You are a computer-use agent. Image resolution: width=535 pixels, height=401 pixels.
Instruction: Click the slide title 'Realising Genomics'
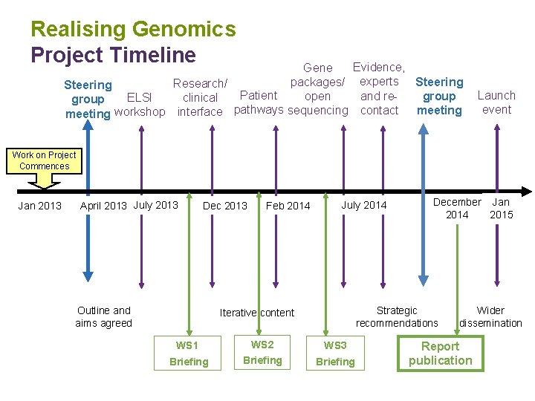[x=133, y=30]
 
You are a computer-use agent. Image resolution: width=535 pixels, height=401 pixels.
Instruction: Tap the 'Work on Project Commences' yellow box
[x=44, y=160]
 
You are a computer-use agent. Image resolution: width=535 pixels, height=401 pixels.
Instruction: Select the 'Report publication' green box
[x=440, y=353]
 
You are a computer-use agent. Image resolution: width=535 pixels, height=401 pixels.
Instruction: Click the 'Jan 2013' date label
[x=39, y=206]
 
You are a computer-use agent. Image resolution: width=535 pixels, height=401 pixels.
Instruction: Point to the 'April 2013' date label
[x=103, y=206]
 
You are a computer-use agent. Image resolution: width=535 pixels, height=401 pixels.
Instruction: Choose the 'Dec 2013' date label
[x=225, y=206]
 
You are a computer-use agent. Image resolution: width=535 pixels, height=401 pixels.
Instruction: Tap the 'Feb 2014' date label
[x=288, y=206]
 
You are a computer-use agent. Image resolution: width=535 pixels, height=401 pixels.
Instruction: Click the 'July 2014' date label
[x=364, y=205]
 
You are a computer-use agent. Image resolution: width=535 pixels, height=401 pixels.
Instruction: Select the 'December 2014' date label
[x=457, y=208]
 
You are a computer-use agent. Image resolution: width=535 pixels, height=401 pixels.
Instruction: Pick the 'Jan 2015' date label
[x=501, y=208]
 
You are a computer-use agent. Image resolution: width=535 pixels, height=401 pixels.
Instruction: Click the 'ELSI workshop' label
[x=140, y=104]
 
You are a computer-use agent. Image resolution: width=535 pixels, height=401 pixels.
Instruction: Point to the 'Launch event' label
[x=496, y=102]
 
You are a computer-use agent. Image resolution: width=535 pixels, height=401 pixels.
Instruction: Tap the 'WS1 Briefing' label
[x=188, y=353]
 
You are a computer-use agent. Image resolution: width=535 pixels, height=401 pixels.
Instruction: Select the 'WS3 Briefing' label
[x=335, y=353]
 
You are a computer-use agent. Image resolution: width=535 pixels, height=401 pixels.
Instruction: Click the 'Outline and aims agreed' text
[x=103, y=316]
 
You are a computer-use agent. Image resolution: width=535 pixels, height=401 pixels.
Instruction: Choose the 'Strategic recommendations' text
[x=397, y=316]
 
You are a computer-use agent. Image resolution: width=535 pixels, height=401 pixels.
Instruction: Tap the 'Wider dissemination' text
[x=490, y=316]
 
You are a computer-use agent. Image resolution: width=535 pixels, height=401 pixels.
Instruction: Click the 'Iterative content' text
[x=257, y=313]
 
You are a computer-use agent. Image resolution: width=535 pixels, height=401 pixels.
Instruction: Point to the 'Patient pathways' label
[x=259, y=102]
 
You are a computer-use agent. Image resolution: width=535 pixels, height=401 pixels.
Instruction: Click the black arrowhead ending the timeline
[x=527, y=191]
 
